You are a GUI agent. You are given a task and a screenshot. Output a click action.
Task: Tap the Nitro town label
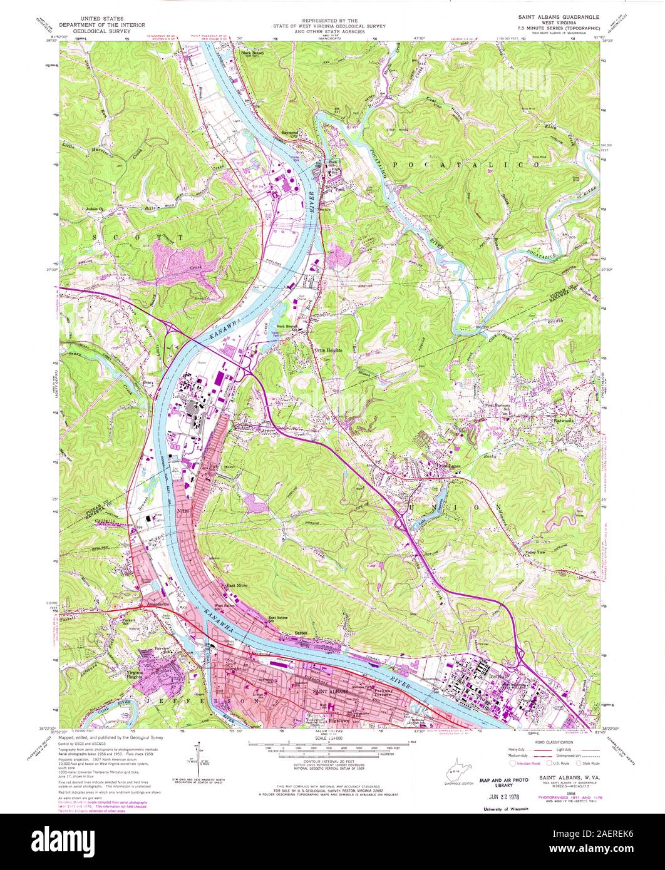[183, 512]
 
